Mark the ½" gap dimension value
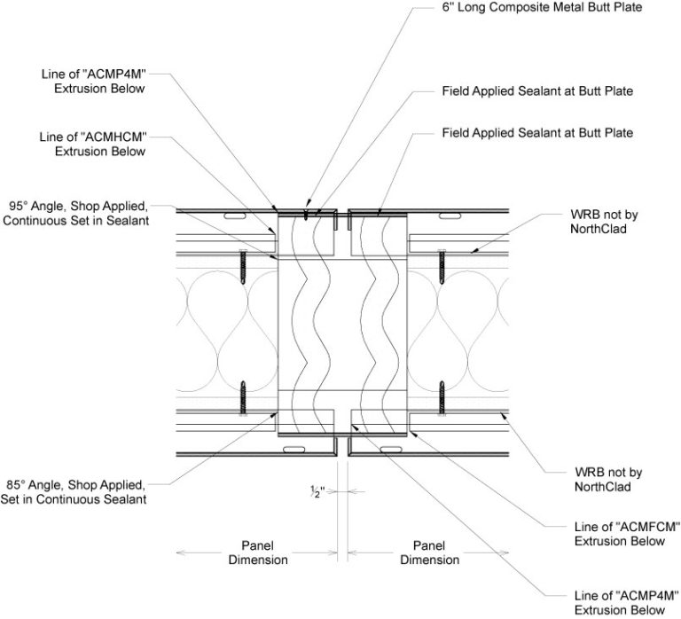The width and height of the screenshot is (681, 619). tap(340, 490)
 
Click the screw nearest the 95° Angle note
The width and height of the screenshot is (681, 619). tap(240, 262)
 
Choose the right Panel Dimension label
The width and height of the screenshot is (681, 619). tap(429, 552)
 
